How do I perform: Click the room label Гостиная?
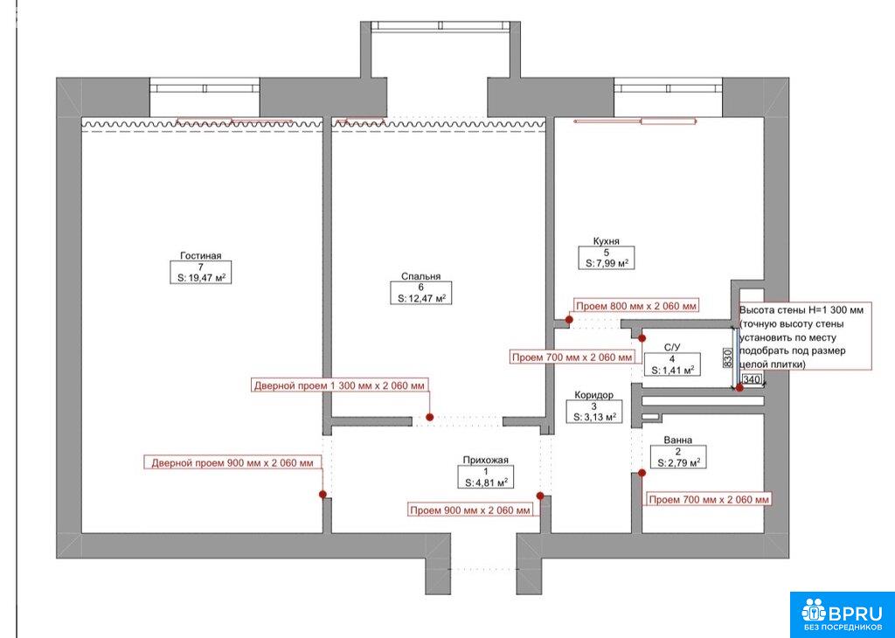coord(200,256)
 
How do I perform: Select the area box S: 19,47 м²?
coord(201,278)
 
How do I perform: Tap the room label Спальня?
coord(420,277)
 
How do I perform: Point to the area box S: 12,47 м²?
coord(420,298)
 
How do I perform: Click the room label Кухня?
coord(607,241)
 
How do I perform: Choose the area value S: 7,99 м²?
coord(607,264)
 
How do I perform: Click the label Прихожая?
coord(485,461)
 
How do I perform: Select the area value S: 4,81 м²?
coord(486,482)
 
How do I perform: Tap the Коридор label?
coord(593,395)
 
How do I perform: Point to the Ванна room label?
coord(678,440)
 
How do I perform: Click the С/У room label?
coord(672,348)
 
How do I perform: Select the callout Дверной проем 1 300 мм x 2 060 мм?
coord(340,385)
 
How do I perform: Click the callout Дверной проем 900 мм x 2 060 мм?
coord(232,463)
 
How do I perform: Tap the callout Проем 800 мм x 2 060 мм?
coord(636,307)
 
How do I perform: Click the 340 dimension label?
coord(752,380)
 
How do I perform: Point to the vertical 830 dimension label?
coord(728,357)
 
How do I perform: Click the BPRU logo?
coord(842,614)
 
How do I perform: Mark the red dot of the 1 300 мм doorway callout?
coord(429,417)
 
